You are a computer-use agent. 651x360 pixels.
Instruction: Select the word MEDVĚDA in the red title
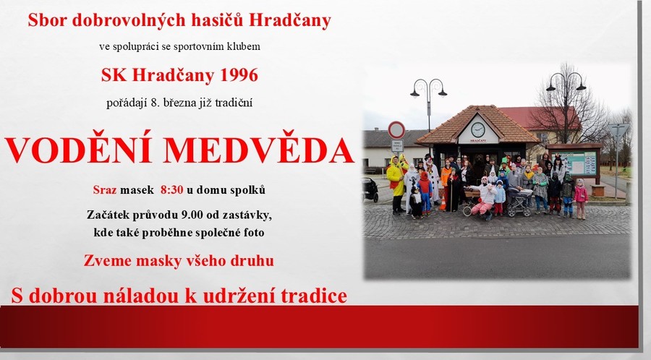click(x=259, y=149)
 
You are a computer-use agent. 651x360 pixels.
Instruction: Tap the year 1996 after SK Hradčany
click(x=239, y=75)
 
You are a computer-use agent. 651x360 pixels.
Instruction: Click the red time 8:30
click(x=172, y=190)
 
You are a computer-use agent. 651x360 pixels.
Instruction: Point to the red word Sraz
click(x=105, y=190)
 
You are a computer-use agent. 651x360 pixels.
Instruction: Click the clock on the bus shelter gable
click(x=478, y=130)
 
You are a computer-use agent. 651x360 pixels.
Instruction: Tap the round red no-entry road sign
click(x=396, y=130)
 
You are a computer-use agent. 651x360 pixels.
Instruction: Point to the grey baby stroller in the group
click(x=518, y=201)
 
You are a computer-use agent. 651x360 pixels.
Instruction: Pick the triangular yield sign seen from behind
click(x=618, y=130)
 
